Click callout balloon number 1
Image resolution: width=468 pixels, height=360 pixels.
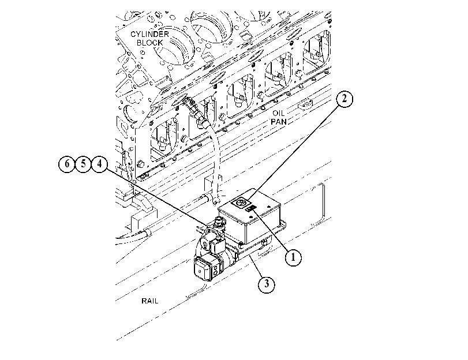point(293,257)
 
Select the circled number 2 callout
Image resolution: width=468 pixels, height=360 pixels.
point(345,99)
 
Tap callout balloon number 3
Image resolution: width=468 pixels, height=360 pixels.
point(266,284)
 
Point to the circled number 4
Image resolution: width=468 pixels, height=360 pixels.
point(99,164)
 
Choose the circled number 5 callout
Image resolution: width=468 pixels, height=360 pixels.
point(83,164)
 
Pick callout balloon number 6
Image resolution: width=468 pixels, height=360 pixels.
point(67,164)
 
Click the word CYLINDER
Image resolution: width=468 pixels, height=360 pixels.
point(149,34)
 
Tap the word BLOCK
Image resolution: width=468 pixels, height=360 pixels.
point(150,43)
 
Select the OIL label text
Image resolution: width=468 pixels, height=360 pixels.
point(279,114)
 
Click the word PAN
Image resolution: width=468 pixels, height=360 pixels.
point(279,122)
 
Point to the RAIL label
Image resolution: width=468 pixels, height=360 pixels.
point(150,301)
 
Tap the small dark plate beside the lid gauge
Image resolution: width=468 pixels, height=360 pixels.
point(250,208)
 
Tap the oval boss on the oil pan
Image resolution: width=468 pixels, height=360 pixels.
point(305,105)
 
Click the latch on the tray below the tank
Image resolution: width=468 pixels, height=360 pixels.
point(264,243)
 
